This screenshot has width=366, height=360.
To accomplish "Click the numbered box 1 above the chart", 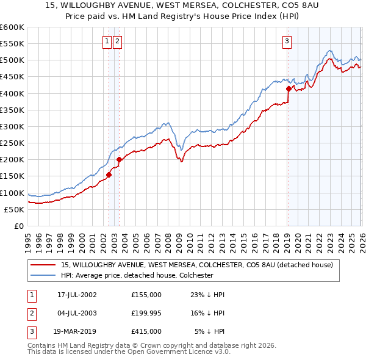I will [107, 41].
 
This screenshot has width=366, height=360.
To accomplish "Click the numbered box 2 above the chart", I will [117, 41].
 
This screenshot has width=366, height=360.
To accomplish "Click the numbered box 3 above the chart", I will [287, 41].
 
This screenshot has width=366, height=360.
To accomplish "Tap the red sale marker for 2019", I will [289, 88].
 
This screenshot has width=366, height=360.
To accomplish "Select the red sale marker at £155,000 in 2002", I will [109, 175].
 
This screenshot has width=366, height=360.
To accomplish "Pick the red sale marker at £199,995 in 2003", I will [120, 160].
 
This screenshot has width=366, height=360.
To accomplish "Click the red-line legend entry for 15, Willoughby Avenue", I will [196, 265].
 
